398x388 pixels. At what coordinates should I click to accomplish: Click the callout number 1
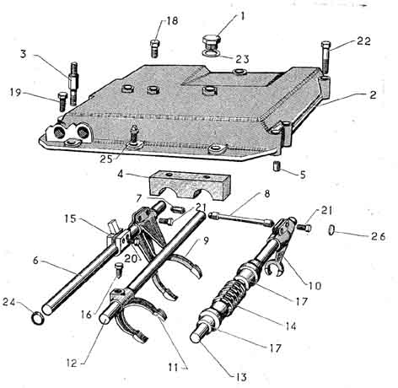(242, 16)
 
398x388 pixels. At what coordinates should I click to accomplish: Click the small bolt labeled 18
(154, 48)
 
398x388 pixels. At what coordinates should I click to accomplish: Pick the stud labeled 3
(73, 84)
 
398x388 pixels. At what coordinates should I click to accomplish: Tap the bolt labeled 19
(62, 101)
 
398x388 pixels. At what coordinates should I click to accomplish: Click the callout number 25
(106, 159)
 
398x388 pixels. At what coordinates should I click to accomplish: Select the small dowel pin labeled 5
(277, 166)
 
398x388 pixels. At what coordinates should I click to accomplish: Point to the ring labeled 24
(38, 318)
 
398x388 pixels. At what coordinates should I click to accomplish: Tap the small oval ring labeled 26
(331, 229)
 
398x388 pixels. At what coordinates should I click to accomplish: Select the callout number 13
(241, 377)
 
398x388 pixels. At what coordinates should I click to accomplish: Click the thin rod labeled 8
(240, 218)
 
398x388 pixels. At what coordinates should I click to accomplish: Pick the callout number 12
(72, 363)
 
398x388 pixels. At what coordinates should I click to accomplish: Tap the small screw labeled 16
(119, 270)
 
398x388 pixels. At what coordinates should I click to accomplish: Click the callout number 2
(373, 94)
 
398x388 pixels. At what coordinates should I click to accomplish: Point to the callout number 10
(315, 286)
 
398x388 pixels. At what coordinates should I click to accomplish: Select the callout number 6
(35, 261)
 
